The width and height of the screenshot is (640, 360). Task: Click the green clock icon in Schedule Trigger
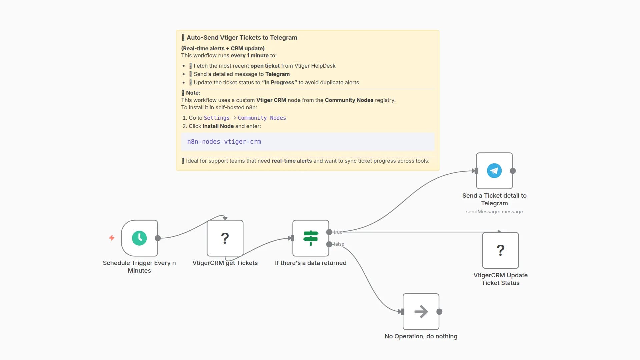[x=139, y=238]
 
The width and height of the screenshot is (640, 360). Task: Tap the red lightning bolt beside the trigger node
[x=112, y=238]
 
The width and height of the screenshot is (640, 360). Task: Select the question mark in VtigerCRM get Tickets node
[x=225, y=238]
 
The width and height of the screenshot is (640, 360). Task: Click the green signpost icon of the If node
[x=311, y=238]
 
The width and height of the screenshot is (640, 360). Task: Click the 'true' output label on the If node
[x=338, y=232]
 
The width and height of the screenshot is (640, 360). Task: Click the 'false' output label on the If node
[x=339, y=244]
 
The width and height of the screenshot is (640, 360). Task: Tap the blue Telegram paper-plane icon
[x=494, y=171]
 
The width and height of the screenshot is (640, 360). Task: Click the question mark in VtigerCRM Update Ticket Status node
[x=500, y=250]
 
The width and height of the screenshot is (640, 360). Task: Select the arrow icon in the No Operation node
[x=421, y=312]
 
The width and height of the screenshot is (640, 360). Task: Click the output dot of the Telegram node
[x=513, y=171]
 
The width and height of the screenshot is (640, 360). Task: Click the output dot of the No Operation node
[x=439, y=312]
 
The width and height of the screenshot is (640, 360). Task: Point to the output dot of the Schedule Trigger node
[x=158, y=238]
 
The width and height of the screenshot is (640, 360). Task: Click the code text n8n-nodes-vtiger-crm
[x=224, y=142]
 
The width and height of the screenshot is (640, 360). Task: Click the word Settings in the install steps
[x=217, y=118]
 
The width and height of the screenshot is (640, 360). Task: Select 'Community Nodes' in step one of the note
[x=262, y=118]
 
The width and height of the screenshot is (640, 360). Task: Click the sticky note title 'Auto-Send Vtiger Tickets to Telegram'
[x=242, y=38]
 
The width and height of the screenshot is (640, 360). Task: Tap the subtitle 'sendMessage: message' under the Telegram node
[x=494, y=212]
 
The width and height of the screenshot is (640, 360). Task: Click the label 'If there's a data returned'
[x=311, y=263]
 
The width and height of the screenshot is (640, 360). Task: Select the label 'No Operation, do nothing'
[x=421, y=336]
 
